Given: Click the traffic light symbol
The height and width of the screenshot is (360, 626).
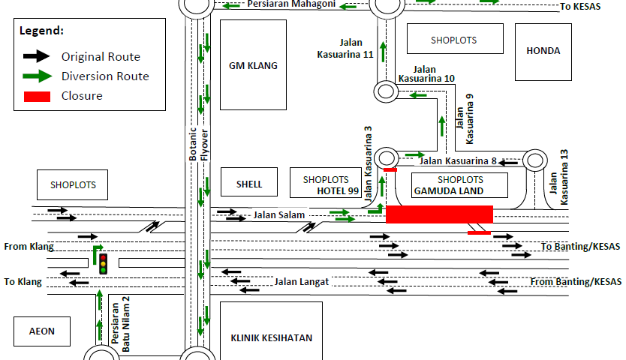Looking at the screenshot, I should point(104,263).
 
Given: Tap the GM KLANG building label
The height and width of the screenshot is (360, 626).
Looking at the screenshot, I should point(253,65).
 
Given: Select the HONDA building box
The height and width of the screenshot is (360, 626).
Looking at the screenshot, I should point(543,51).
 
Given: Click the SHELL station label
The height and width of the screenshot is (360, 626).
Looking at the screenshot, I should point(249,184).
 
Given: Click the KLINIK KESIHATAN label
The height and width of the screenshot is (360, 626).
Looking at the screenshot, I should point(271,337).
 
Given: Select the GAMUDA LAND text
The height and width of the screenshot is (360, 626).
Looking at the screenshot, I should point(449,190).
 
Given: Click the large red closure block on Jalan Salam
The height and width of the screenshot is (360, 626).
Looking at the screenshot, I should point(439,214).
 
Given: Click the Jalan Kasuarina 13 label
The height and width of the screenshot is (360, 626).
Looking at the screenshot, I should point(559,178).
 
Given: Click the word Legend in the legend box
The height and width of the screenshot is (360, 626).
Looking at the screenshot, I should point(41,31).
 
